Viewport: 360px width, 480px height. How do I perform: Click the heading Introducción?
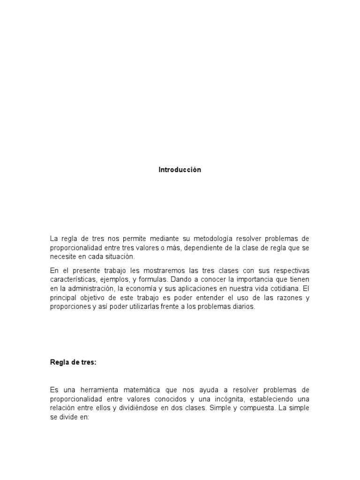(x=180, y=170)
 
